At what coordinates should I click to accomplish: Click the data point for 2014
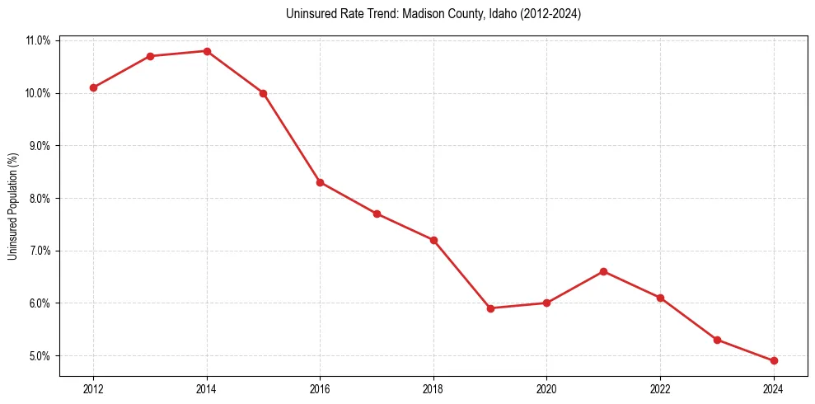point(207,51)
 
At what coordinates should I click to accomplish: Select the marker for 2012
point(94,87)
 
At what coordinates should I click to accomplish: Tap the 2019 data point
point(490,308)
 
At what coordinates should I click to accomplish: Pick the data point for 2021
point(604,271)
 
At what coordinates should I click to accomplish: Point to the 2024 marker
point(774,360)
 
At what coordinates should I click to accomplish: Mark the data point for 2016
point(321,182)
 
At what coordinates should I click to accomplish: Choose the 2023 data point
point(717,340)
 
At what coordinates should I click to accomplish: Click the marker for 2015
point(264,93)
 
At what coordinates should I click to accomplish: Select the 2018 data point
point(433,240)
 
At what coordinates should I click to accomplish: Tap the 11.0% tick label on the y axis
point(39,40)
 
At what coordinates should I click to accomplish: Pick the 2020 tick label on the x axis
point(547,389)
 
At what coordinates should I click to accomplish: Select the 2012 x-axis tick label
point(94,389)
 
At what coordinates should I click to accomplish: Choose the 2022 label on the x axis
point(660,389)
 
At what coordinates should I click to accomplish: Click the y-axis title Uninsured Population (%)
point(12,206)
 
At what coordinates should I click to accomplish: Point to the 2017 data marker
point(377,214)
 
